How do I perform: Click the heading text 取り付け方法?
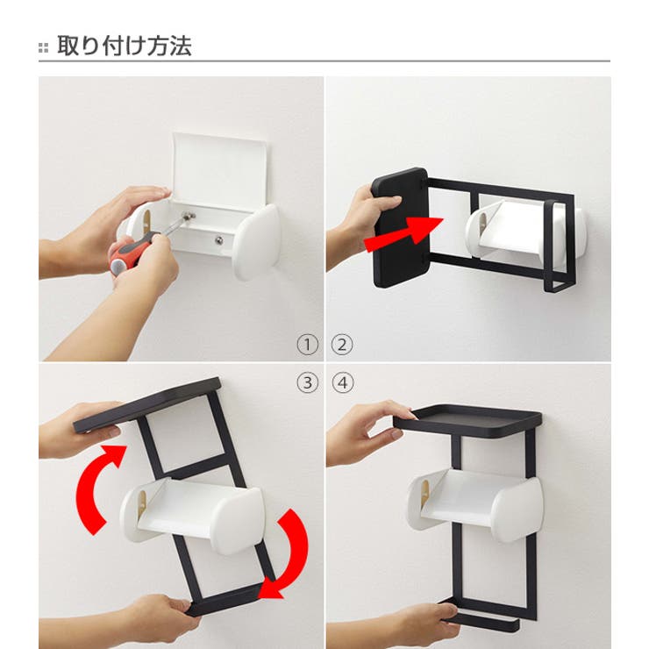[x=124, y=46]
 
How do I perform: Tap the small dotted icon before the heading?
[x=44, y=47]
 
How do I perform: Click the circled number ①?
[x=306, y=345]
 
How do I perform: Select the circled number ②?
[x=342, y=345]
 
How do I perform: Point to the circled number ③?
[x=306, y=382]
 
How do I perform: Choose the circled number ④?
[x=342, y=382]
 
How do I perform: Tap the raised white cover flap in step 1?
[x=219, y=171]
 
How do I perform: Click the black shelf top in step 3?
[x=149, y=404]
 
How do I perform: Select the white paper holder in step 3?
[x=193, y=513]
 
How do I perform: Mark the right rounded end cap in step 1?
[x=256, y=241]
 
